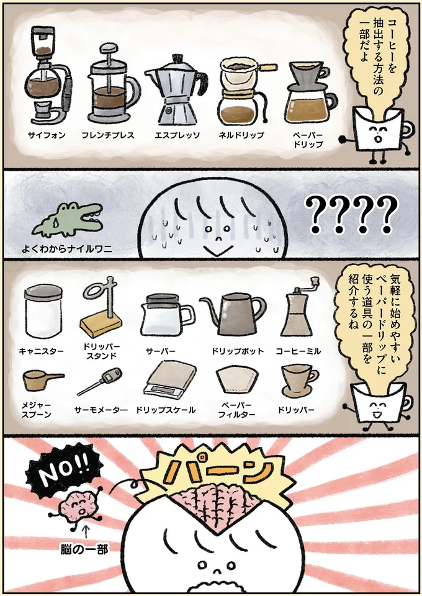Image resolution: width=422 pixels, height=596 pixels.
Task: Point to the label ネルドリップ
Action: tap(241, 135)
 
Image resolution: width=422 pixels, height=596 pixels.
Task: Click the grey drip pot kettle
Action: tap(231, 313)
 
